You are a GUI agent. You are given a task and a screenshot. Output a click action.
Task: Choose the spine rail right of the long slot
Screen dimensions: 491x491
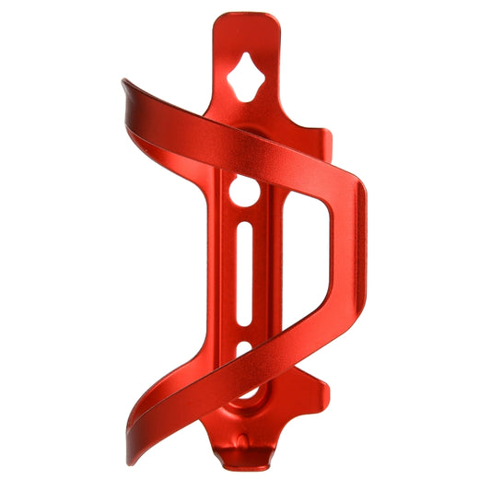click(263, 276)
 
